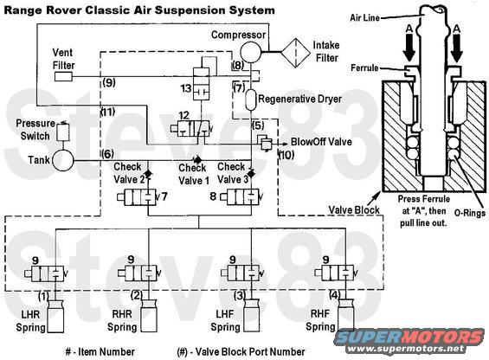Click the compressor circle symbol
tap(250, 52)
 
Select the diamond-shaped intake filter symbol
tap(295, 53)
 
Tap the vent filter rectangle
tap(63, 76)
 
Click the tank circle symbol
tap(62, 161)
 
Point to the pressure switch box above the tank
tap(63, 132)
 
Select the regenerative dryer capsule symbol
tap(250, 100)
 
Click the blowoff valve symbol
tap(265, 143)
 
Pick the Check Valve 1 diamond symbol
tap(197, 160)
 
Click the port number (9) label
tap(109, 83)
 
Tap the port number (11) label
tap(107, 112)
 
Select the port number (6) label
tap(107, 154)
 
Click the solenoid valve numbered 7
tap(137, 197)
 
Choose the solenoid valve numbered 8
tap(240, 196)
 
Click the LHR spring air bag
tap(55, 316)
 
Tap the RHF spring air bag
tap(345, 314)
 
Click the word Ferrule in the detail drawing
tap(364, 67)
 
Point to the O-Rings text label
tap(470, 213)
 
